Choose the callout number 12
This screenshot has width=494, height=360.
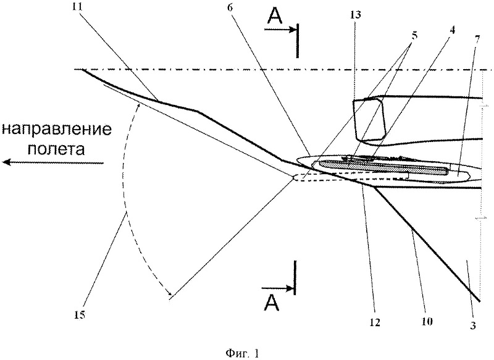[376, 322]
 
